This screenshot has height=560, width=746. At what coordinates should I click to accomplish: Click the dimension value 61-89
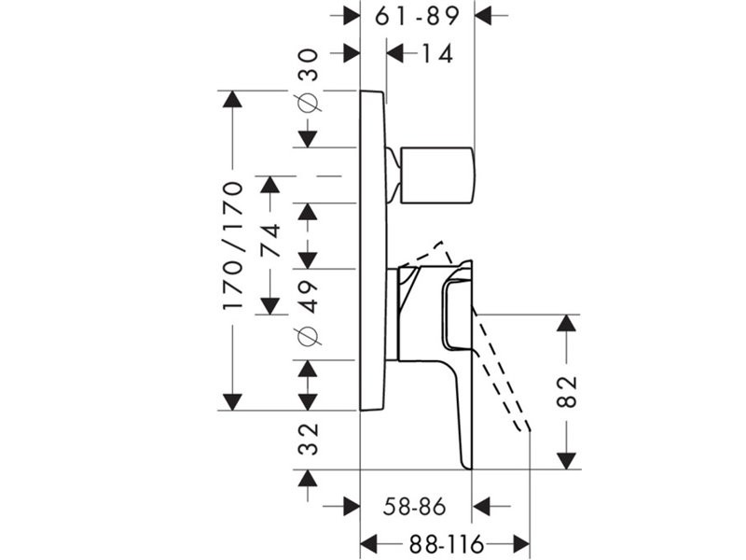(417, 16)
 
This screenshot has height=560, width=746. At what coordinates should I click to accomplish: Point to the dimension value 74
(270, 244)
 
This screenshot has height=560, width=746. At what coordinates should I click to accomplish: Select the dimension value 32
(309, 439)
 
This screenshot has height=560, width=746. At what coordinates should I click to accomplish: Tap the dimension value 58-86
(415, 507)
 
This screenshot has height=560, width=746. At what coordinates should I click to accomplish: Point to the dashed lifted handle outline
(504, 373)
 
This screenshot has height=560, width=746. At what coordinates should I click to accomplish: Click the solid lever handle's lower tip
(466, 459)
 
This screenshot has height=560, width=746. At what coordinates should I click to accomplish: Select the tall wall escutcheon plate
(373, 250)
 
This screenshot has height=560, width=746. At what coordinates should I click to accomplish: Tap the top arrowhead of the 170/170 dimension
(232, 100)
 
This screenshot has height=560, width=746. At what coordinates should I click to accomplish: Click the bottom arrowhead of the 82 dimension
(567, 460)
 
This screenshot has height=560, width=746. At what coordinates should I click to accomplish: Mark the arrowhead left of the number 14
(395, 54)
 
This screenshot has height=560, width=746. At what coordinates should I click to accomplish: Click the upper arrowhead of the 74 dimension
(270, 184)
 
